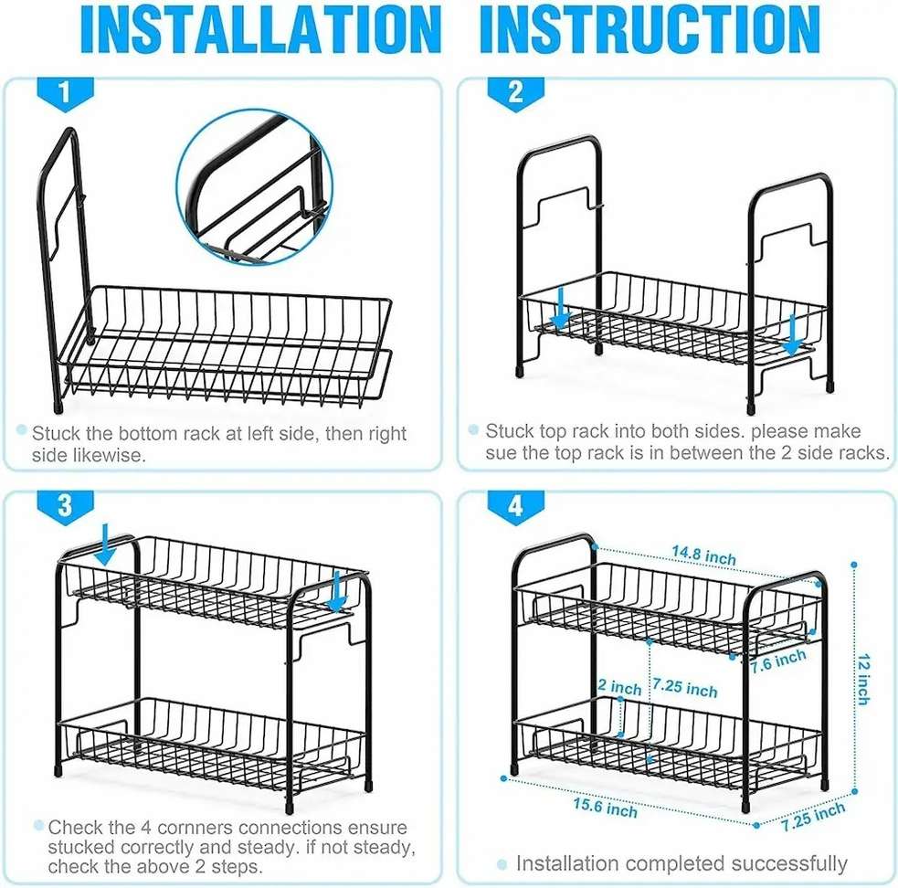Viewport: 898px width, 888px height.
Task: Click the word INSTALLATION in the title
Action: pos(260,30)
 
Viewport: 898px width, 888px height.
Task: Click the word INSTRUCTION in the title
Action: pos(650,30)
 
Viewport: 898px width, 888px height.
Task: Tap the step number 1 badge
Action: pos(65,93)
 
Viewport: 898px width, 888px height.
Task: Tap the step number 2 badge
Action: pos(515,93)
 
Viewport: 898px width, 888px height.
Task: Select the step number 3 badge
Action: pos(65,506)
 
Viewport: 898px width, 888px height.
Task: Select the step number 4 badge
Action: pos(515,506)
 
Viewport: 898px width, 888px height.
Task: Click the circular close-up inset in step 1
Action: pos(254,186)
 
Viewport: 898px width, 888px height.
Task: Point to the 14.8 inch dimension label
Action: pos(703,555)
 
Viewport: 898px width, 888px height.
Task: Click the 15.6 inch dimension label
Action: pos(606,808)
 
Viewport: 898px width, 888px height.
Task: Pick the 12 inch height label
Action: pos(863,679)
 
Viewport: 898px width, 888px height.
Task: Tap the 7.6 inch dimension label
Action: pos(779,661)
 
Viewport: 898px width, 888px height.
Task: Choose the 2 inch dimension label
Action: pos(619,686)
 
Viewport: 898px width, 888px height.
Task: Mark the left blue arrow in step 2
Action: pos(560,309)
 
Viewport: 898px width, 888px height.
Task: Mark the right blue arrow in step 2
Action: pos(793,335)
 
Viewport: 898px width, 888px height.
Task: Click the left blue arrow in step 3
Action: pos(106,544)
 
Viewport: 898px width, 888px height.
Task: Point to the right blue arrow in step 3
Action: pos(337,591)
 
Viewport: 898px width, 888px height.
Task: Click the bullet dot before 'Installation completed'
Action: pos(502,864)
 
